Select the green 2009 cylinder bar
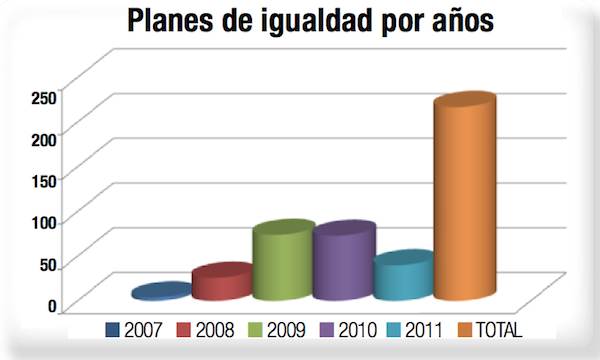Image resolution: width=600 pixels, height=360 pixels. pyautogui.click(x=283, y=262)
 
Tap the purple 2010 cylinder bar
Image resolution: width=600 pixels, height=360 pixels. pyautogui.click(x=343, y=263)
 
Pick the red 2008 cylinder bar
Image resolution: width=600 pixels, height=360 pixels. pyautogui.click(x=222, y=283)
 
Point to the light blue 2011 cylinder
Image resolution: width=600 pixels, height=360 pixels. pyautogui.click(x=403, y=277)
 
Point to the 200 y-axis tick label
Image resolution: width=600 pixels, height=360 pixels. pyautogui.click(x=44, y=137)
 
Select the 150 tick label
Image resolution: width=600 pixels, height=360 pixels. pyautogui.click(x=44, y=179)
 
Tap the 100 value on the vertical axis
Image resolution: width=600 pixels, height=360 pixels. pyautogui.click(x=44, y=221)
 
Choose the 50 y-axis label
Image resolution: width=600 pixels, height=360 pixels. pyautogui.click(x=48, y=264)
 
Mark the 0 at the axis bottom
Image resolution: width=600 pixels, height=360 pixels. pyautogui.click(x=52, y=306)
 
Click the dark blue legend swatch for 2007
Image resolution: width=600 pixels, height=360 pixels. pyautogui.click(x=112, y=329)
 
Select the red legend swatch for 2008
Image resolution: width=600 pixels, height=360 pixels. pyautogui.click(x=184, y=329)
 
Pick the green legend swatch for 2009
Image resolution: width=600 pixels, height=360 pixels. pyautogui.click(x=256, y=329)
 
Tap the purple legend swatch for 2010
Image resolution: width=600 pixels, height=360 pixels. pyautogui.click(x=328, y=329)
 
